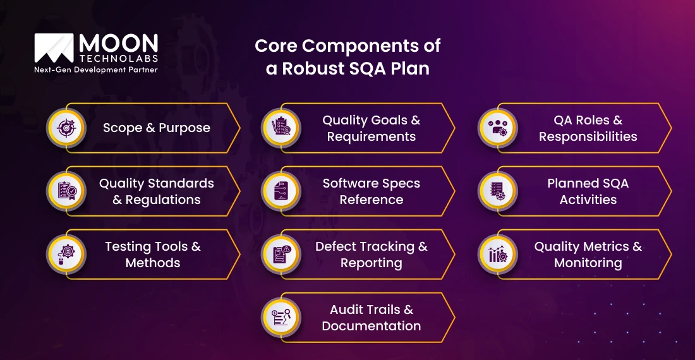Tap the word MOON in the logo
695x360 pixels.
click(119, 44)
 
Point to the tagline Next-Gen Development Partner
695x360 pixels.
click(95, 69)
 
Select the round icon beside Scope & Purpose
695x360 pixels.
click(66, 128)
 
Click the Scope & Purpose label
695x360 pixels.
click(156, 128)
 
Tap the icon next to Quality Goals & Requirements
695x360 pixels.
click(281, 128)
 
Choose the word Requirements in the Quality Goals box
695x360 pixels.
click(372, 136)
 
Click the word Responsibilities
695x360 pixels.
click(588, 136)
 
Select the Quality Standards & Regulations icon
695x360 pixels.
click(66, 191)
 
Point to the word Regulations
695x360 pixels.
click(163, 200)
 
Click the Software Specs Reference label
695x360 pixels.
click(372, 191)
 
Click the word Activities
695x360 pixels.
click(588, 200)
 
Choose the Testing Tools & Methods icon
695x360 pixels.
click(66, 255)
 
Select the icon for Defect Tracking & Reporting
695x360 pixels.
click(281, 255)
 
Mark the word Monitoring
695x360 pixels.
click(588, 263)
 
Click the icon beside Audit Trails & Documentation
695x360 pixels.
click(281, 318)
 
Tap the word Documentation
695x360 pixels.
click(372, 326)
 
